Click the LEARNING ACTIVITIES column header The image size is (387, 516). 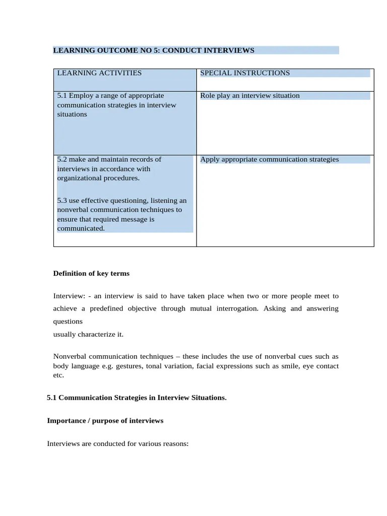tap(99, 73)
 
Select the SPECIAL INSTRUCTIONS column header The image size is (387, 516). tap(245, 73)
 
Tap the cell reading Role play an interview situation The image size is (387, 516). tap(249, 96)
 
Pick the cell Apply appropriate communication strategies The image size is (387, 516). tap(269, 160)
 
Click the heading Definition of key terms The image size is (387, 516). tap(91, 274)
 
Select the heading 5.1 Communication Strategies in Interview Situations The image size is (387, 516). tap(137, 398)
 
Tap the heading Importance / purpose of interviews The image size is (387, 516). tap(105, 421)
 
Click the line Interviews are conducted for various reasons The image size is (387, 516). tap(117, 444)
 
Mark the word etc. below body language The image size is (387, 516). tap(59, 375)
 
